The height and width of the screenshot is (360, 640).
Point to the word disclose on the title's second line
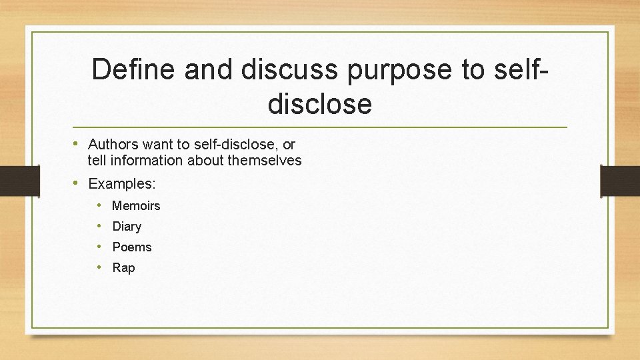click(319, 103)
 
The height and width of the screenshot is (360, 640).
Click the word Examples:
click(122, 183)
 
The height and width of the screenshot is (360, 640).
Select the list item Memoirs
click(136, 206)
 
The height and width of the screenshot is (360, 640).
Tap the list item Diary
click(127, 227)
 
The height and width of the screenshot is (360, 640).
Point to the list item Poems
click(132, 247)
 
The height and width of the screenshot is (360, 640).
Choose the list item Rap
click(123, 268)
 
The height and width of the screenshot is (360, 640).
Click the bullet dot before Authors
click(77, 143)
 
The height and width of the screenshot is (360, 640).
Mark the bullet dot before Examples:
click(77, 182)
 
